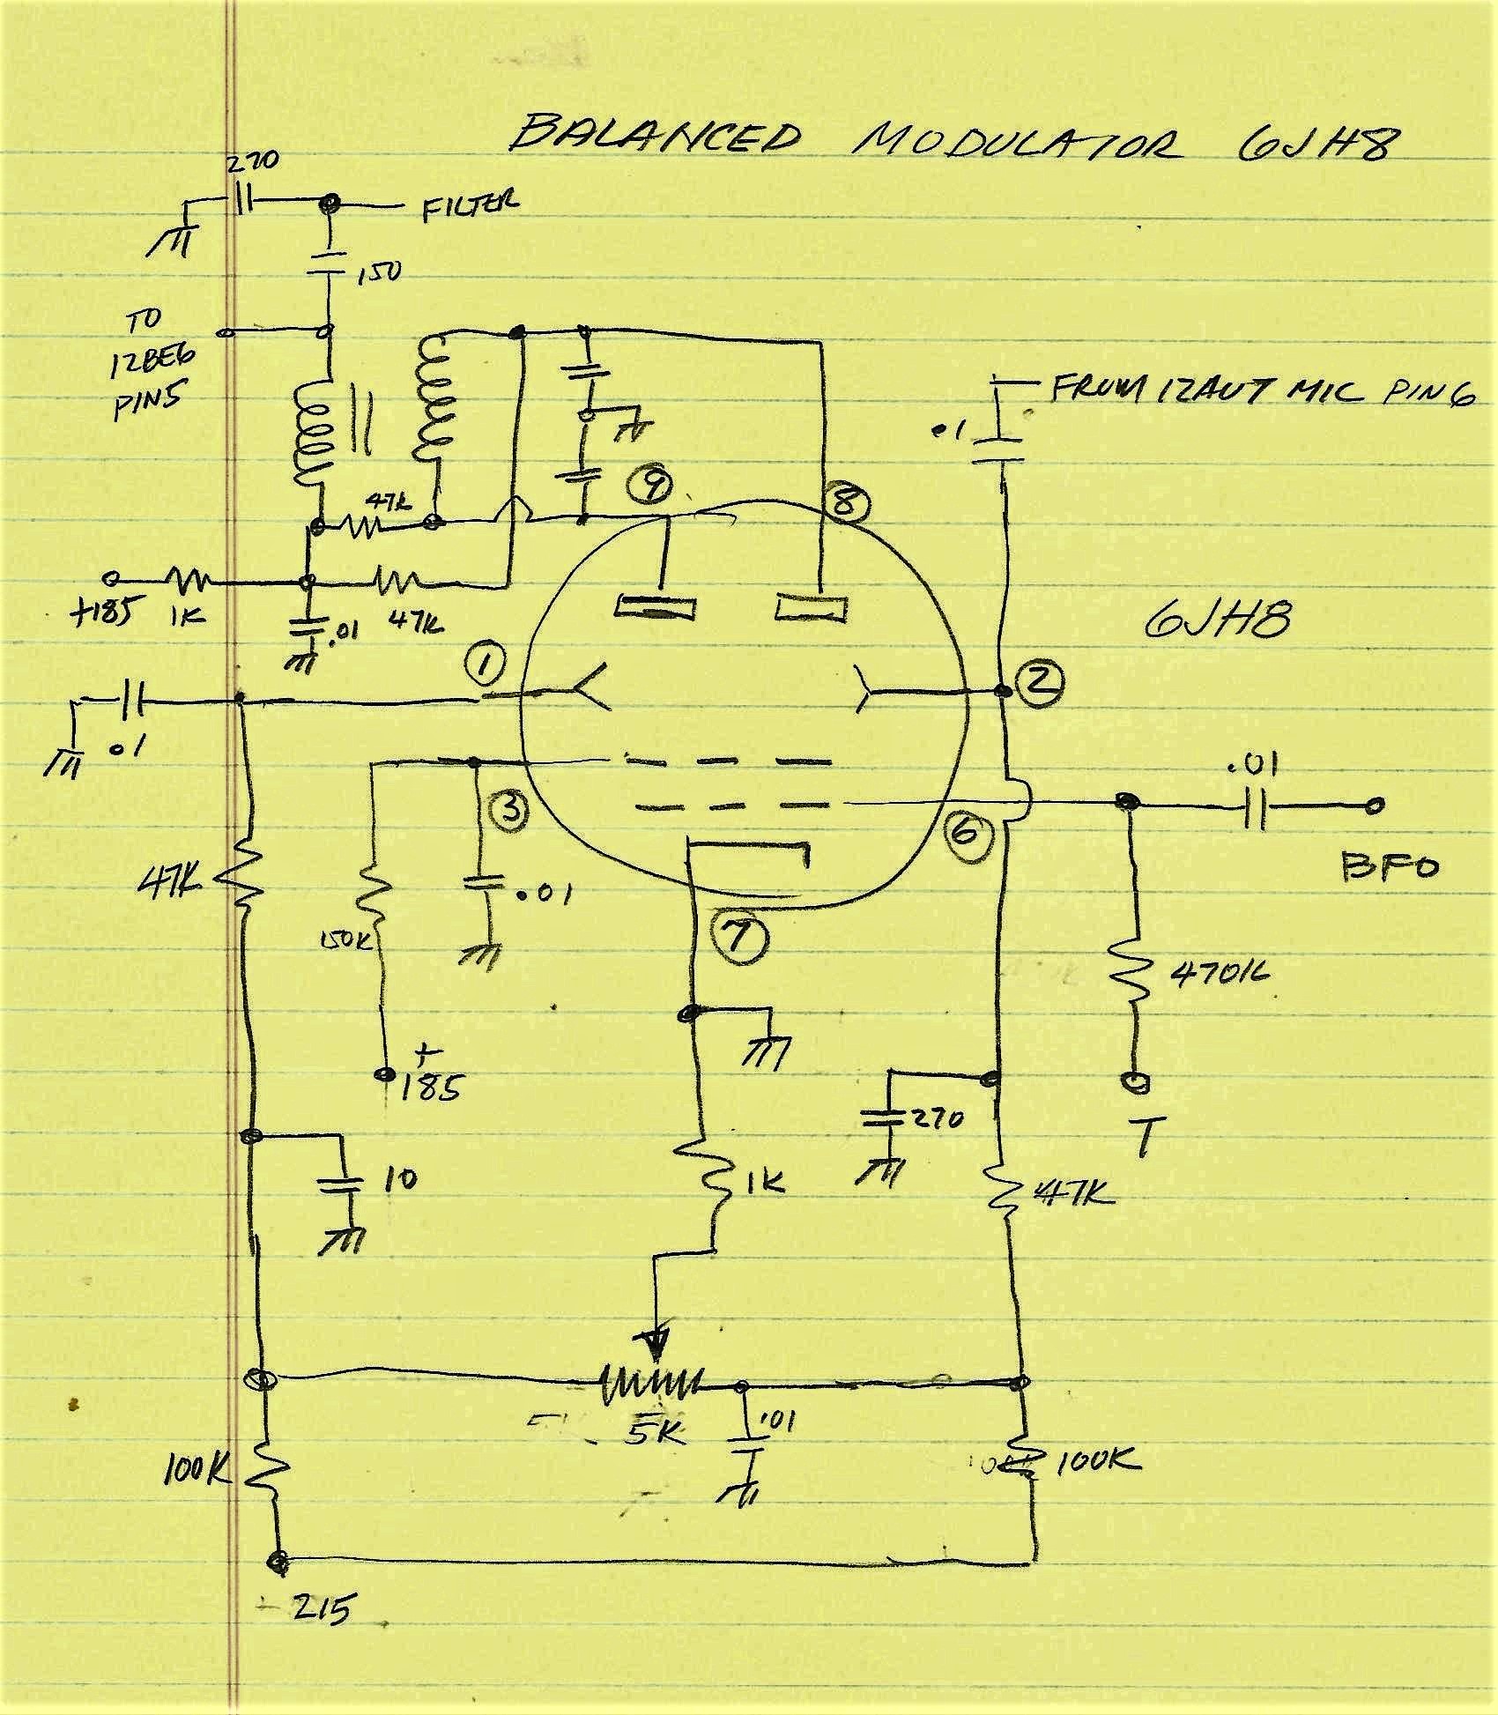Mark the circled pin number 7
[x=738, y=939]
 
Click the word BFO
[x=1390, y=867]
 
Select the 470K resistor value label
[x=1220, y=974]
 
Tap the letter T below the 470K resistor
[x=1143, y=1137]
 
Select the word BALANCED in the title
[x=656, y=137]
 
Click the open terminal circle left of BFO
[x=1376, y=804]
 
